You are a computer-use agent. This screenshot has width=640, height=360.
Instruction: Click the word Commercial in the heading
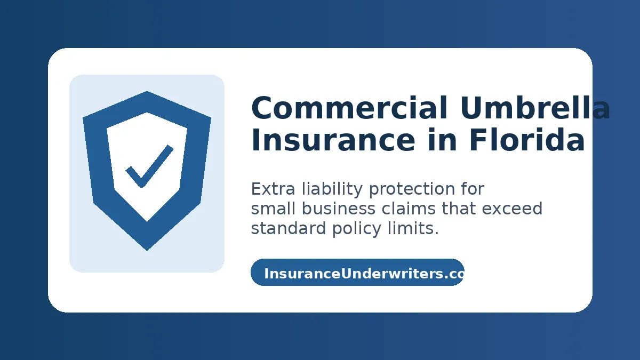coord(349,108)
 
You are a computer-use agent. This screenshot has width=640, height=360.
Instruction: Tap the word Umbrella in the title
coord(535,107)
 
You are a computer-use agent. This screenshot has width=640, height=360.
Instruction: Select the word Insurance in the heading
coord(333,140)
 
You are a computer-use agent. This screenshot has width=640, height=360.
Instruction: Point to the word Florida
coord(527,139)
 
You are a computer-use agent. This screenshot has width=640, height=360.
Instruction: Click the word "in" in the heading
coord(442,139)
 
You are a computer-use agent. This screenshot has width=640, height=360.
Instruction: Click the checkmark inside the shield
coord(149,166)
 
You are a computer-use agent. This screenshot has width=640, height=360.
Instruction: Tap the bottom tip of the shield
coord(147,251)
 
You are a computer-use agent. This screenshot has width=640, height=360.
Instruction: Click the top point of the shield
coord(147,91)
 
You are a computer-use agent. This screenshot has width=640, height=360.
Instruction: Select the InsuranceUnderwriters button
coord(357,273)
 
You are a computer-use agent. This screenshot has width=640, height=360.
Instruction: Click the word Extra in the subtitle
coord(273,189)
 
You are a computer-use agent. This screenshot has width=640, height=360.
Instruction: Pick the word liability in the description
coord(332,190)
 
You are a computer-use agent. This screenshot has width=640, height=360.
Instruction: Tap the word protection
coord(412,190)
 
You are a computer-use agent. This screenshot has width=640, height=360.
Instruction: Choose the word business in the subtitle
coord(339,209)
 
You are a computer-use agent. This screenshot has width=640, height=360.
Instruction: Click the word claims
coord(409,209)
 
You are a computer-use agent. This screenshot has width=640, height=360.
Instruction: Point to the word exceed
coord(512,209)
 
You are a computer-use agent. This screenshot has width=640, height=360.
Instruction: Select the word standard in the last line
coord(289,228)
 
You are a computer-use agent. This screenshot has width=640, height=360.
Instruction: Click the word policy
coord(357,229)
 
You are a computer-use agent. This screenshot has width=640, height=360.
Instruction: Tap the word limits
coord(413,228)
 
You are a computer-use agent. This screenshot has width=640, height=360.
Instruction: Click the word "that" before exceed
coord(459,209)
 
